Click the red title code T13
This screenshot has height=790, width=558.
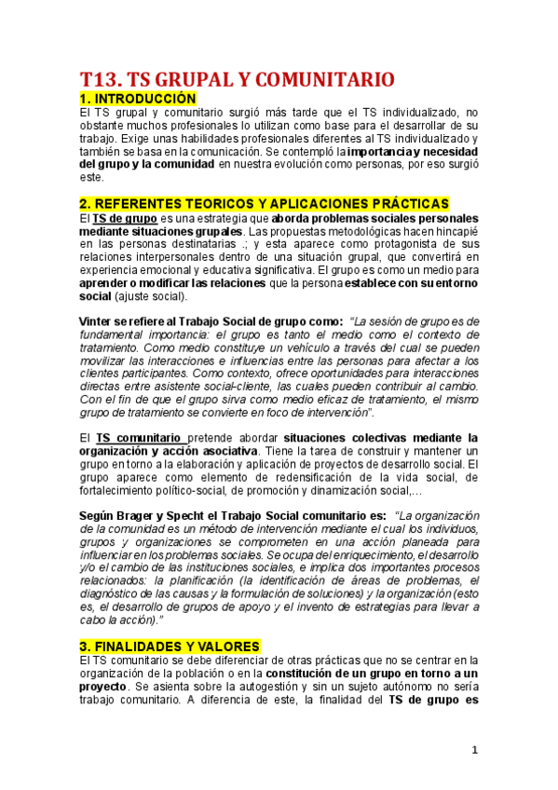[x=100, y=78]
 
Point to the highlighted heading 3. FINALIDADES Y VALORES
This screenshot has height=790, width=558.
[x=170, y=647]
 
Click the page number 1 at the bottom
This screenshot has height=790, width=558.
[x=474, y=750]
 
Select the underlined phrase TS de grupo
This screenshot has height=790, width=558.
[x=119, y=219]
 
